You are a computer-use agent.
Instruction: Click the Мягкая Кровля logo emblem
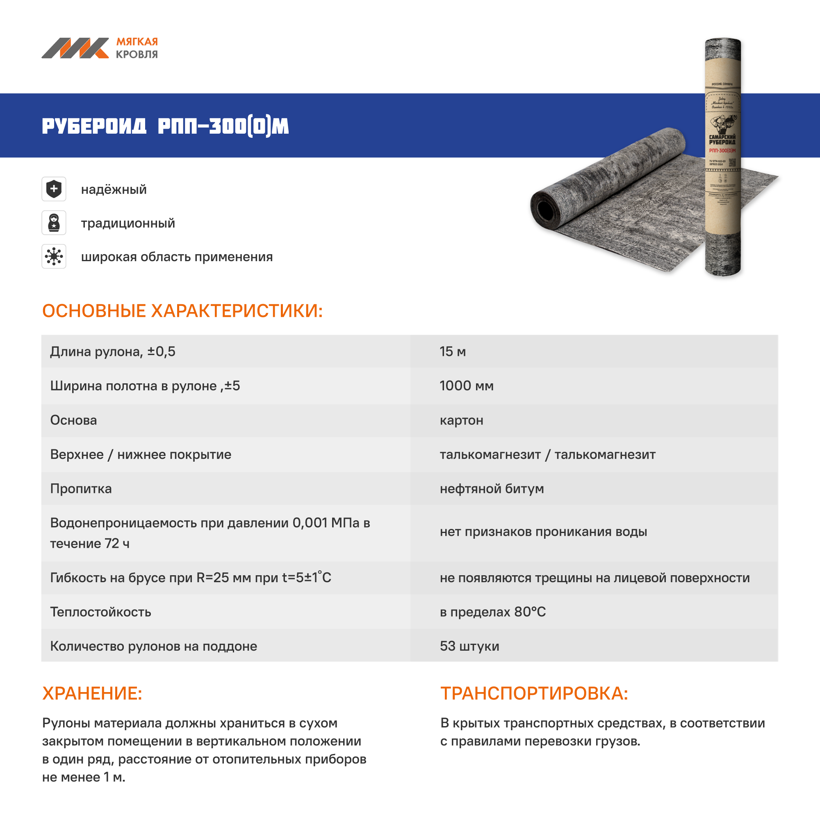(x=75, y=48)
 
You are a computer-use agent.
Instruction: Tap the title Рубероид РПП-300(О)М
(x=165, y=126)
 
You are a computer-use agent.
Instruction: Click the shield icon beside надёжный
(x=54, y=189)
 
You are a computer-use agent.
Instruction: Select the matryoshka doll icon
(x=54, y=222)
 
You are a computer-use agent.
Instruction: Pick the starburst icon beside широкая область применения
(x=54, y=256)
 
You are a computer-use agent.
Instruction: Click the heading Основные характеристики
(x=182, y=311)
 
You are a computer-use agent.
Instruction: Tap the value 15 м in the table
(x=453, y=351)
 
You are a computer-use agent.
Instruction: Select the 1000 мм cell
(x=467, y=386)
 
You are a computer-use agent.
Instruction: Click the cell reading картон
(x=461, y=420)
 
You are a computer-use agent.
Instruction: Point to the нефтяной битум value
(x=492, y=489)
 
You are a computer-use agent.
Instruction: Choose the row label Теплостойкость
(x=100, y=612)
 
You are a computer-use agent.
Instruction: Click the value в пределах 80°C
(x=493, y=612)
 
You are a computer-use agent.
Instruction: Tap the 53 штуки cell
(x=469, y=646)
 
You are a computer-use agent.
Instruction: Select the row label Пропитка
(x=81, y=489)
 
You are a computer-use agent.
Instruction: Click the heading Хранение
(x=92, y=694)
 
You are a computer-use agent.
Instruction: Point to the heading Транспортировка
(x=534, y=694)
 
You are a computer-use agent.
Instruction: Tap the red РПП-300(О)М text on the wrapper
(x=722, y=150)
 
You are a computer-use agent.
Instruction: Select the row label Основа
(x=73, y=420)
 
